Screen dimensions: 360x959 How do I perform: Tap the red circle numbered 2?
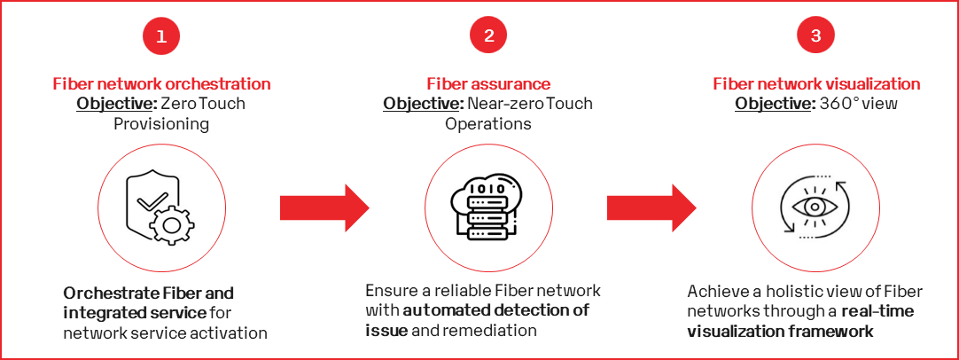point(488,37)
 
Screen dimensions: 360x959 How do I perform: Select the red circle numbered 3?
point(815,37)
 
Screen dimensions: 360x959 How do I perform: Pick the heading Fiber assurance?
point(488,84)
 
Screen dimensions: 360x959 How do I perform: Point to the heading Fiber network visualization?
point(816,84)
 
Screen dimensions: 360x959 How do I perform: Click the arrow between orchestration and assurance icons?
point(324,208)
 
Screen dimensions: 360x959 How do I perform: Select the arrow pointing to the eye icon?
point(651,208)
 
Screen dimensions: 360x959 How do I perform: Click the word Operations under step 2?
point(488,123)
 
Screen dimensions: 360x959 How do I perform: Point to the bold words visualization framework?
point(781,331)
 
